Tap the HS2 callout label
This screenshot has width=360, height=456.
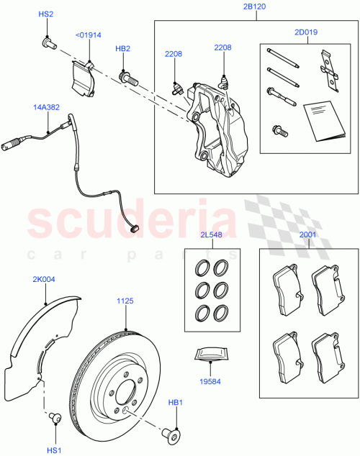coord(45,15)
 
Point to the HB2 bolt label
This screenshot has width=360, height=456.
coord(123,49)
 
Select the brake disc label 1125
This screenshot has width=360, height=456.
coord(127,304)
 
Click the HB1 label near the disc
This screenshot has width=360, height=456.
coord(176,403)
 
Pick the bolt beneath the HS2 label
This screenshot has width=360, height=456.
coord(49,45)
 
